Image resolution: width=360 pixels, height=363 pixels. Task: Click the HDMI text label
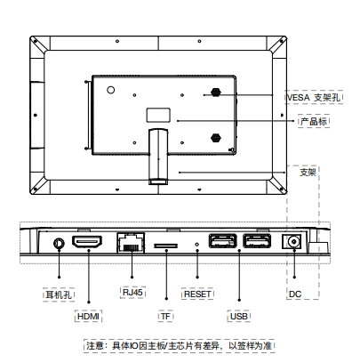(88, 316)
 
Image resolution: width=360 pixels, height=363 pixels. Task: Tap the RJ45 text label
(132, 293)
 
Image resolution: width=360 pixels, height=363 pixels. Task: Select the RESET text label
(197, 294)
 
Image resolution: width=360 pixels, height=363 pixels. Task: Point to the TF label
(165, 316)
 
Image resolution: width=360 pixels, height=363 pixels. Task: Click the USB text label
(239, 316)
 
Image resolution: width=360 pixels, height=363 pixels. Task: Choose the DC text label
(295, 294)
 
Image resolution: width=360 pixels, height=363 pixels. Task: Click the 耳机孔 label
(59, 294)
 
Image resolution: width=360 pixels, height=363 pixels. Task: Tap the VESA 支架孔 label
(314, 97)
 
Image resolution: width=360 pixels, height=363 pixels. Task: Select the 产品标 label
(314, 121)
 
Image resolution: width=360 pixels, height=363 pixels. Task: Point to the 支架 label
(308, 172)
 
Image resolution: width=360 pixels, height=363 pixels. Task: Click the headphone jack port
(59, 244)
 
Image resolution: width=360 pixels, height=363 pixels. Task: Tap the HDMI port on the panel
(87, 242)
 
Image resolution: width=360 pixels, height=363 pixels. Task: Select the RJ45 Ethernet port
(131, 243)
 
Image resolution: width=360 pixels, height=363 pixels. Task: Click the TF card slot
(165, 246)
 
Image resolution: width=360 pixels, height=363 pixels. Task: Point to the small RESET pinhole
(197, 245)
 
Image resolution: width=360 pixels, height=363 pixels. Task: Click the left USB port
(223, 241)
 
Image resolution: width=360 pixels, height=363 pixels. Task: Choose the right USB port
(257, 241)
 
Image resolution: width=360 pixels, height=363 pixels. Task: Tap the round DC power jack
(294, 242)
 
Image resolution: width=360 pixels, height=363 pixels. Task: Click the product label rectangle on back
(158, 115)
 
